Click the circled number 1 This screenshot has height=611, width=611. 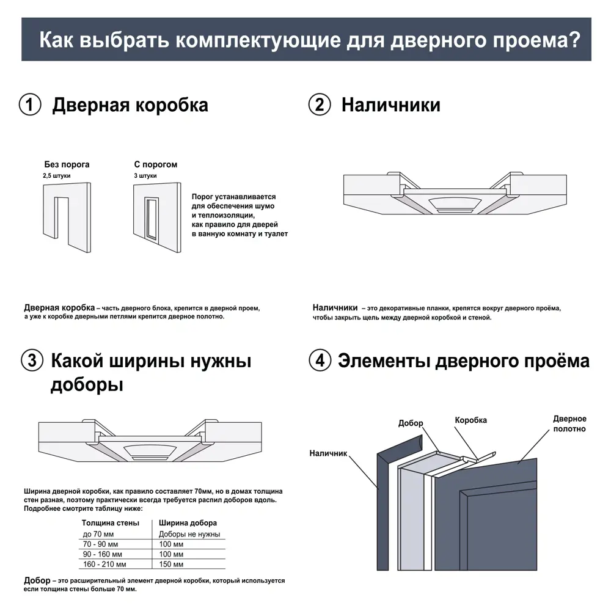30,104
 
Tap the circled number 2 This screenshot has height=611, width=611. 320,104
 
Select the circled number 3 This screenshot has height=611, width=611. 32,360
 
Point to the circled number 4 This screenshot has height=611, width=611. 320,360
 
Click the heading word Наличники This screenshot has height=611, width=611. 390,104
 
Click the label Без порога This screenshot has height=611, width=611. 67,164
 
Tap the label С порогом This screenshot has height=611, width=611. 156,164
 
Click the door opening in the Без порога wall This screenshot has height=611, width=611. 62,217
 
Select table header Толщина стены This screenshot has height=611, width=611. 111,523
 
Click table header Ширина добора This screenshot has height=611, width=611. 188,523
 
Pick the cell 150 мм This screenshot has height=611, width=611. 171,564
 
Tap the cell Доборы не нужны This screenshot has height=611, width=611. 189,534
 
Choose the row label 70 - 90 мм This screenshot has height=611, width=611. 101,544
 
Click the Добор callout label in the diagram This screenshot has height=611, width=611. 411,423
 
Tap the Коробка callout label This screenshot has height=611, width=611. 470,420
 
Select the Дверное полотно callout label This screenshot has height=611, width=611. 569,423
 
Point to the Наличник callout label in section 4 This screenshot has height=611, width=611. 328,453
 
